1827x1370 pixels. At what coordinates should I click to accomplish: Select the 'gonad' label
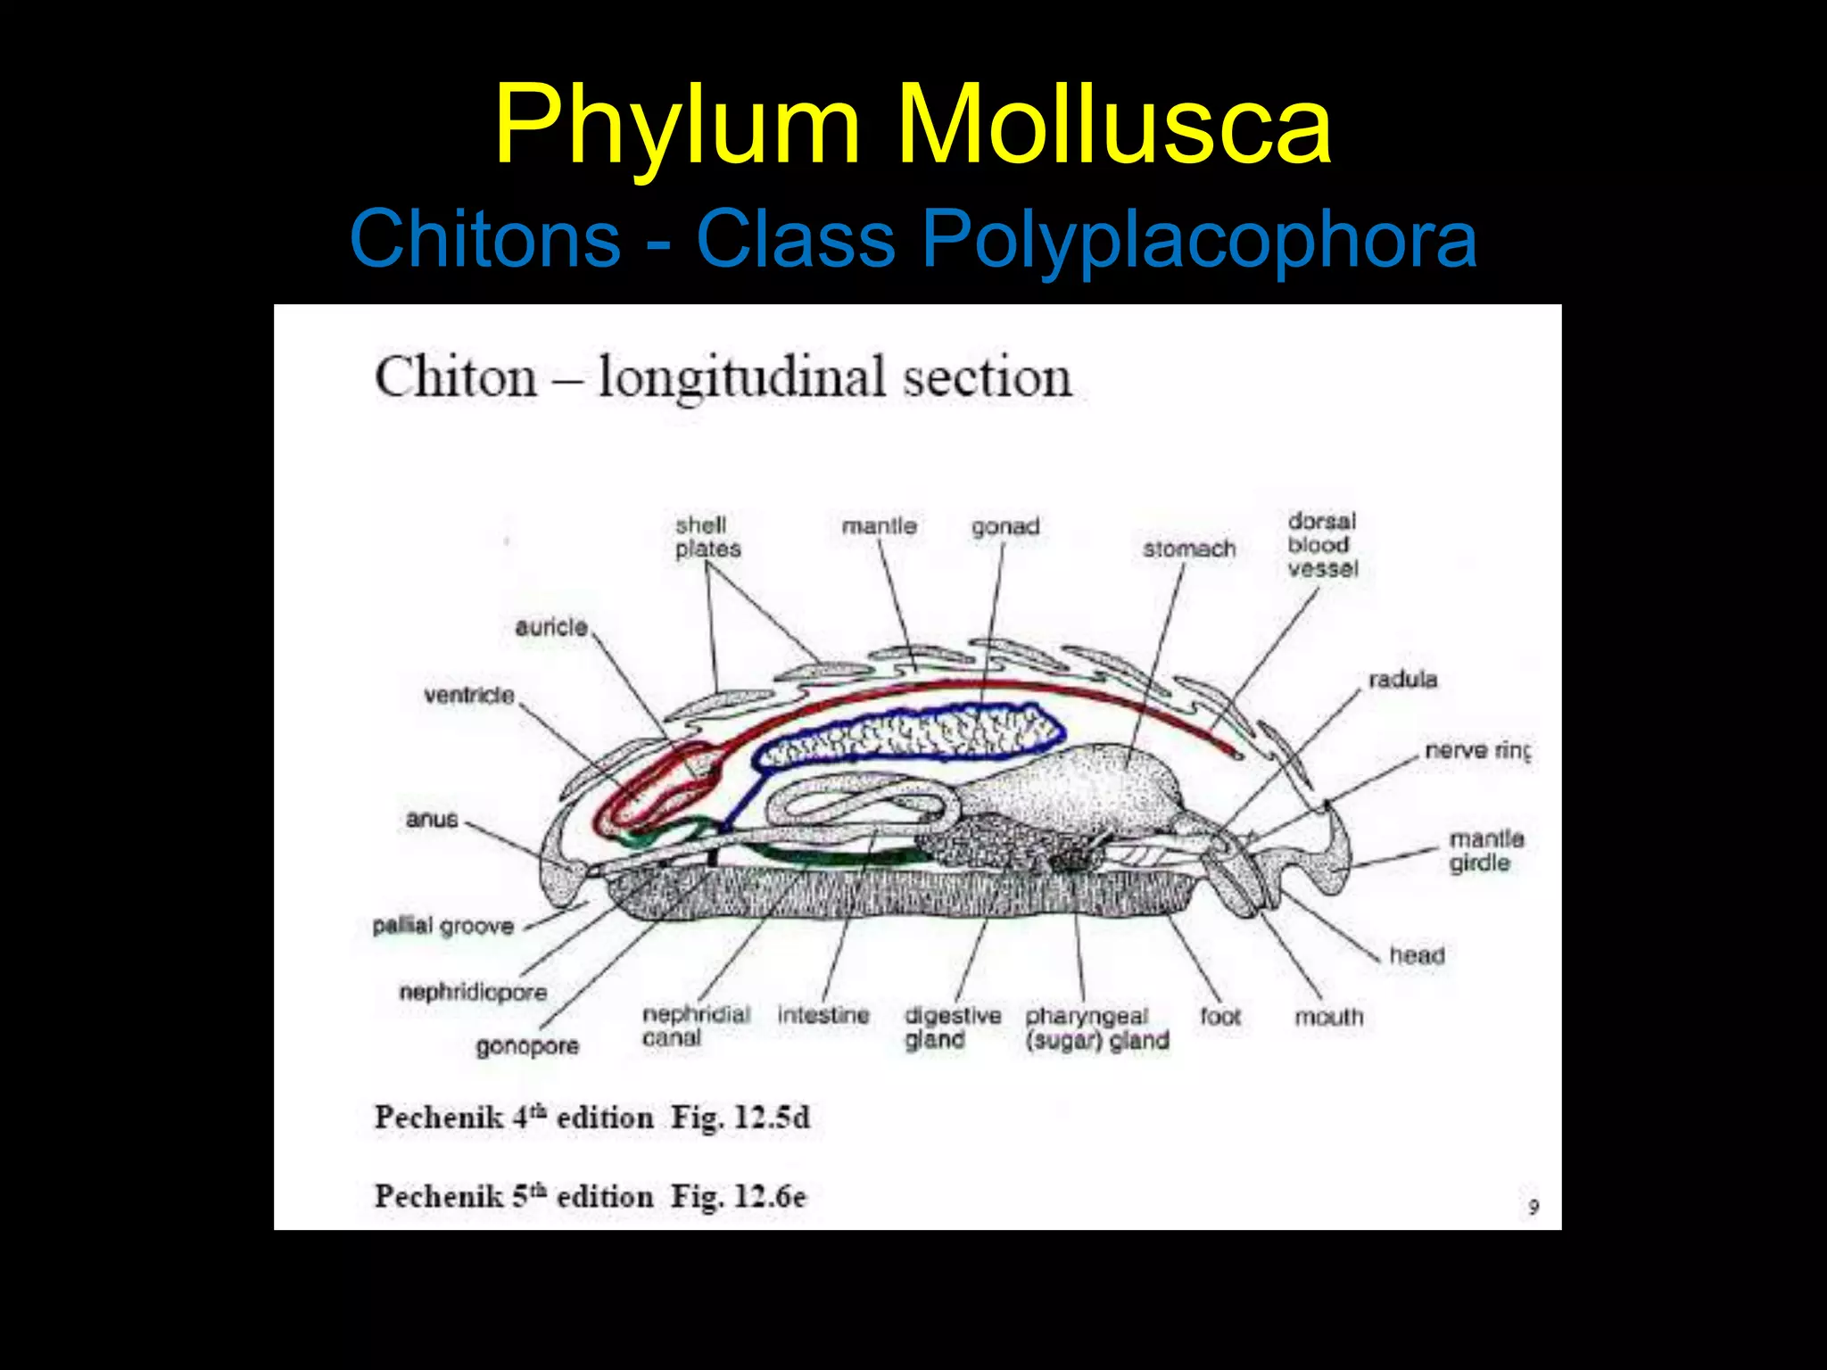pos(1005,527)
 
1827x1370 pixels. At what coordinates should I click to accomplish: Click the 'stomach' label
pos(1189,549)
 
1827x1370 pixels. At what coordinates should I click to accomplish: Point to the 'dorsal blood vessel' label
pos(1322,545)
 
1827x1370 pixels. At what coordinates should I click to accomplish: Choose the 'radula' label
pos(1402,680)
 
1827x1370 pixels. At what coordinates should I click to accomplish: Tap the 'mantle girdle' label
pos(1485,851)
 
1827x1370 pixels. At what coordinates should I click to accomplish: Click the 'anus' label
pos(432,819)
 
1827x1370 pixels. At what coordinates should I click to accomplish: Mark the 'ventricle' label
pos(469,695)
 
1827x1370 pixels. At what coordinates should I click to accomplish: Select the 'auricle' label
pos(551,627)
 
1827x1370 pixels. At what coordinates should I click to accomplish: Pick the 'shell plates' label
pos(707,537)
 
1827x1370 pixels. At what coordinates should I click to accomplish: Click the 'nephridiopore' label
pos(473,992)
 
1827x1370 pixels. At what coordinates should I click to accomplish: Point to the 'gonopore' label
pos(527,1045)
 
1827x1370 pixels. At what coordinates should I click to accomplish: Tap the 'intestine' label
pos(823,1015)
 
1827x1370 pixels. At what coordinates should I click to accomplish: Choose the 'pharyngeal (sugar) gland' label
pos(1096,1028)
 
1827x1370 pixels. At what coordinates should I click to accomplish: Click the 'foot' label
pos(1219,1016)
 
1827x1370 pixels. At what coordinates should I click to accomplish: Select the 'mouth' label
pos(1328,1017)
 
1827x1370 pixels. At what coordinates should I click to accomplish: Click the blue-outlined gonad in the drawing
pos(910,736)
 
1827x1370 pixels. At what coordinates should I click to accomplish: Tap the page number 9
pos(1533,1207)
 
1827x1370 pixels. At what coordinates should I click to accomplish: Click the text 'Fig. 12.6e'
pos(738,1196)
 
